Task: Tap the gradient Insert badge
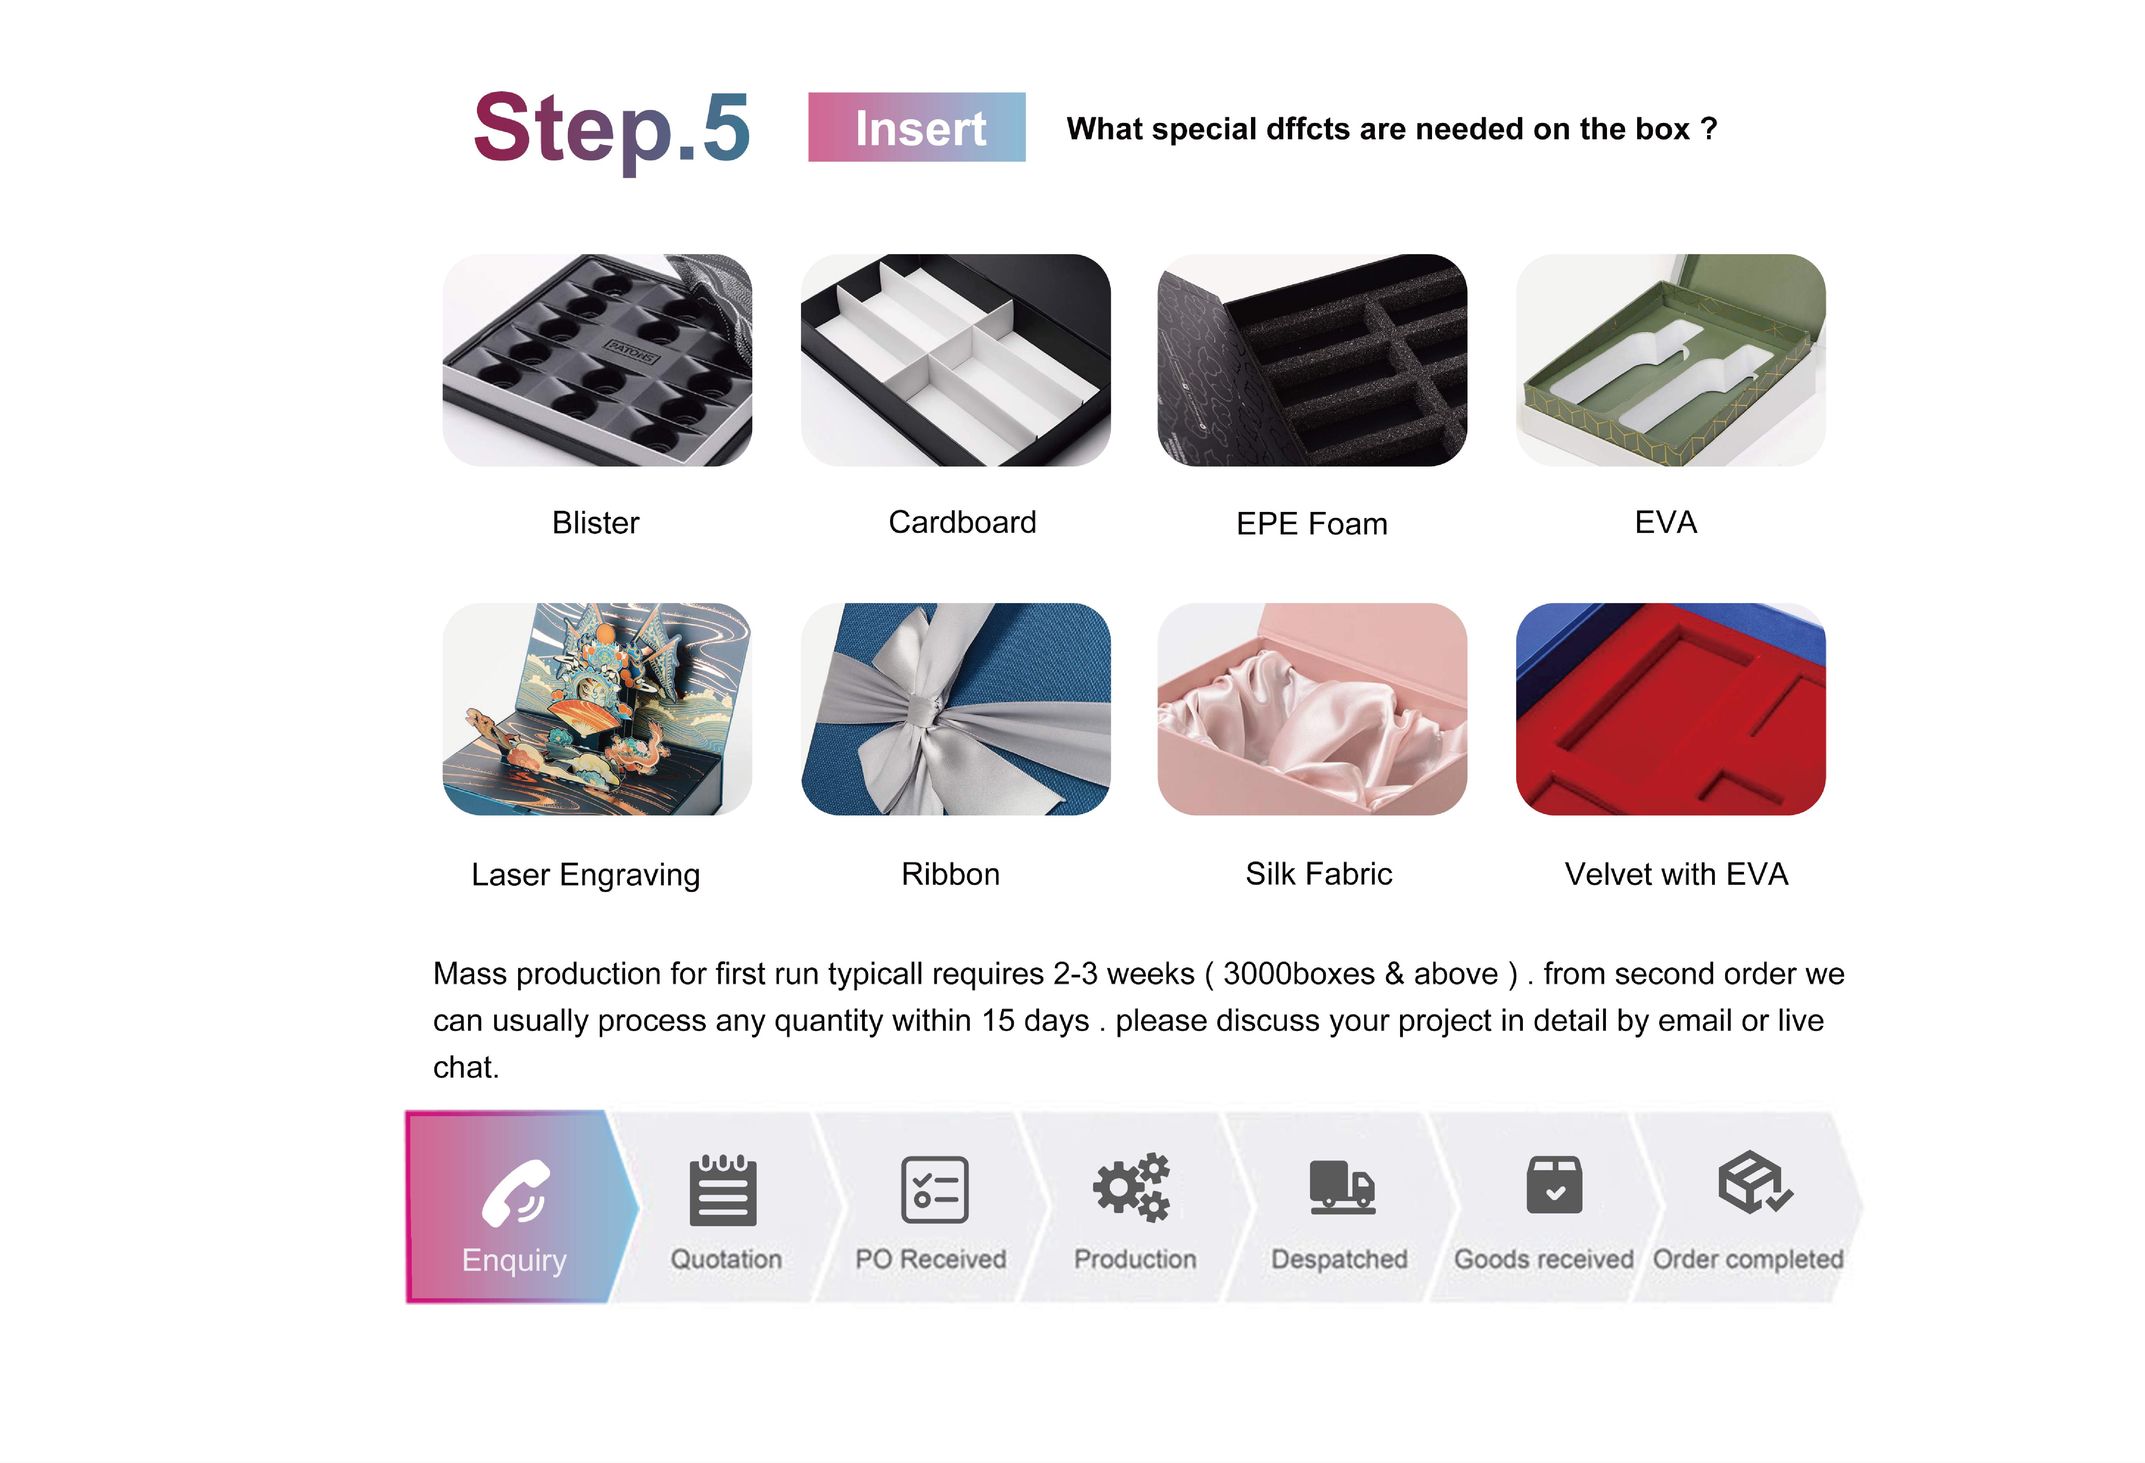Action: [916, 127]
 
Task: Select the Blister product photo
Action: [597, 360]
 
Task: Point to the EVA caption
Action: [1666, 523]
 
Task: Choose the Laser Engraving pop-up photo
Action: [597, 709]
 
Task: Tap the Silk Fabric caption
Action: [1319, 874]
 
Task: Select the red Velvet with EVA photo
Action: [1671, 709]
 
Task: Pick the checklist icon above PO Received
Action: [935, 1190]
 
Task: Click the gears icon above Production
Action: [1131, 1188]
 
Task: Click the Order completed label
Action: [1748, 1259]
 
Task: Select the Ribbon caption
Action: [951, 874]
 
